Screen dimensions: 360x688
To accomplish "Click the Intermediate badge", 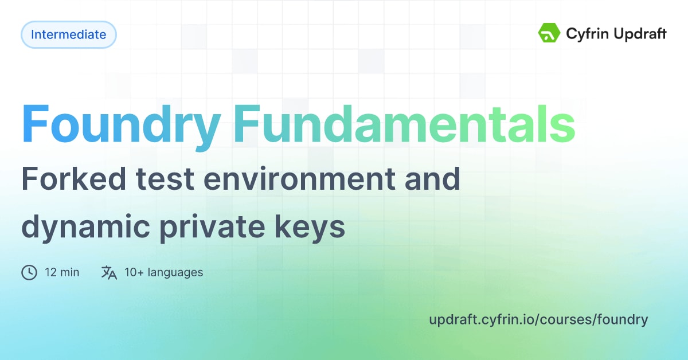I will [69, 34].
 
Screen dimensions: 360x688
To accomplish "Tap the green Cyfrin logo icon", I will [549, 33].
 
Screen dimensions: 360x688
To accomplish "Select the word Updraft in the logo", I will [638, 34].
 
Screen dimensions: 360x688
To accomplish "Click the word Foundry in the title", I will [122, 125].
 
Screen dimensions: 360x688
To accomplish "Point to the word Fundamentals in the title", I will [404, 124].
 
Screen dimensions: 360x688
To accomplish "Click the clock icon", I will [29, 272].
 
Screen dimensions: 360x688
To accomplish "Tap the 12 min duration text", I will [62, 272].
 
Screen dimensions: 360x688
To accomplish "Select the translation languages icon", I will [109, 272].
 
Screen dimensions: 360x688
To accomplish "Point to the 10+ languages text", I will [163, 272].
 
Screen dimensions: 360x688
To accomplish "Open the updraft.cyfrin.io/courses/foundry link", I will [538, 319].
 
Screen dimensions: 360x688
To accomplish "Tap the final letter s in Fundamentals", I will [563, 125].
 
